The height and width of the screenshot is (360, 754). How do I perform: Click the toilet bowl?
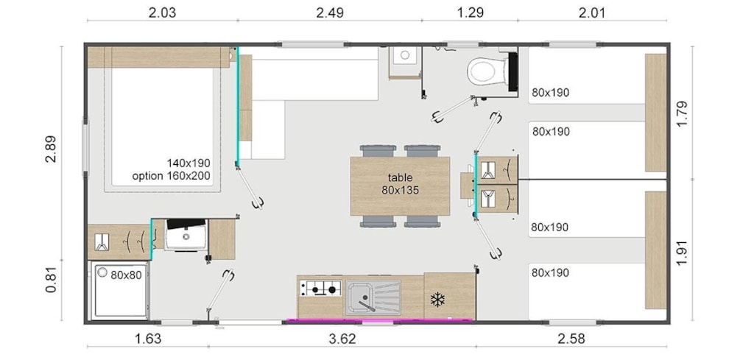click(x=483, y=71)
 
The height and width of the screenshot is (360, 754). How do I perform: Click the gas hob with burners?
click(x=320, y=289)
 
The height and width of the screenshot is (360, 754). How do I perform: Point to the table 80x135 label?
click(x=400, y=184)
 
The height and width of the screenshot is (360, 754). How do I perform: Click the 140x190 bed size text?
click(x=188, y=163)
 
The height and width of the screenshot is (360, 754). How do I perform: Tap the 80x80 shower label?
click(x=126, y=275)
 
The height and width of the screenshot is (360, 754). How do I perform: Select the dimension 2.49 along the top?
click(x=330, y=13)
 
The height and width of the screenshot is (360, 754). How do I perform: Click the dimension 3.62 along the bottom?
click(x=342, y=339)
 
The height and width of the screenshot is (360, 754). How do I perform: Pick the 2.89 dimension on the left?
click(x=51, y=149)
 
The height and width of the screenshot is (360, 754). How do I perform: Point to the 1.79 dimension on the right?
click(x=682, y=114)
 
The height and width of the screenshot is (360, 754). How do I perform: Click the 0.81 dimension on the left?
click(x=51, y=280)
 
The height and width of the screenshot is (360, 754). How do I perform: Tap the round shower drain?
click(x=102, y=272)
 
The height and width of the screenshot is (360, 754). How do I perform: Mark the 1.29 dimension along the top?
click(x=469, y=13)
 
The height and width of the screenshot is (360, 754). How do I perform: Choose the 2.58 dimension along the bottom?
click(x=571, y=339)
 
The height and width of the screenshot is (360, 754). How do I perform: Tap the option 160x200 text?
click(x=172, y=176)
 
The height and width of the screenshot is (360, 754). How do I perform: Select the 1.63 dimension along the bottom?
click(x=147, y=339)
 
